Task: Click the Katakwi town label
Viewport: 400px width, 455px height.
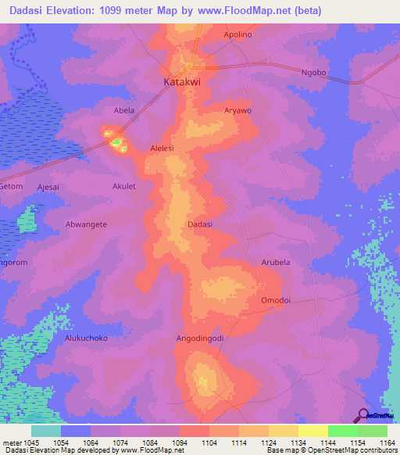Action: pos(181,81)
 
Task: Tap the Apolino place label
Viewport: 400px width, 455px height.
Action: pos(238,35)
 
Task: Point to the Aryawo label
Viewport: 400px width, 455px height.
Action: pos(237,111)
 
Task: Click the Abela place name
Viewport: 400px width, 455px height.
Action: pos(124,111)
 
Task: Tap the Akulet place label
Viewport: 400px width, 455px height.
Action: pos(123,187)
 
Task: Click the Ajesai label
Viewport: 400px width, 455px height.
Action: pos(48,187)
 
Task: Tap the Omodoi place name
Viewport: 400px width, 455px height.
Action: pos(275,299)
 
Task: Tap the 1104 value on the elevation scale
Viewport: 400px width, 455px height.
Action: pos(209,443)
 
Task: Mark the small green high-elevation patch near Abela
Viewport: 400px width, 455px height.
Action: pos(116,142)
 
